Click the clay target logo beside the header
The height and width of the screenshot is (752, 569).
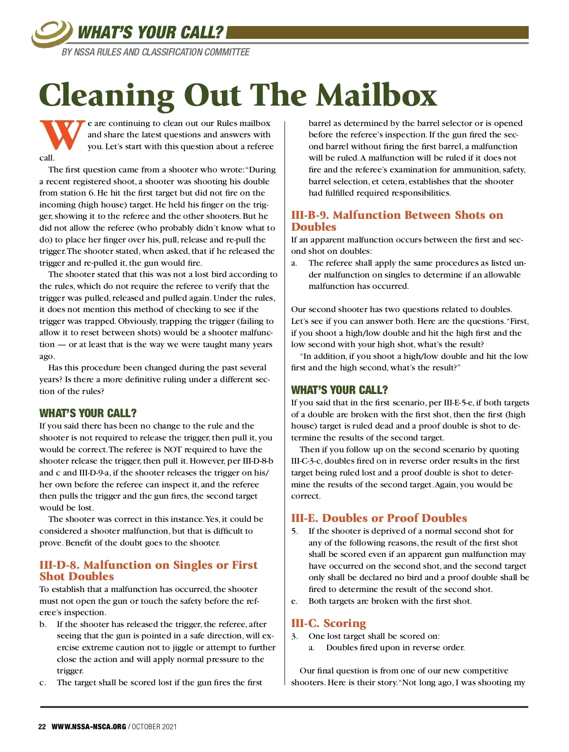pyautogui.click(x=51, y=34)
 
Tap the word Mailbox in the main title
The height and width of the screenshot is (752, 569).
pyautogui.click(x=376, y=95)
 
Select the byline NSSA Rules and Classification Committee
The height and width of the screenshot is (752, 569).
pyautogui.click(x=156, y=52)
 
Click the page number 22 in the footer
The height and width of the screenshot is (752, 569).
pyautogui.click(x=42, y=727)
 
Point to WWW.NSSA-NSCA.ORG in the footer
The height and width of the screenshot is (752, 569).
pyautogui.click(x=89, y=727)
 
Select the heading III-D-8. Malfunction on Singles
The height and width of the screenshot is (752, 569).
pyautogui.click(x=148, y=571)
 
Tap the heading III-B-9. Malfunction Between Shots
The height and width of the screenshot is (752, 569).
pyautogui.click(x=397, y=221)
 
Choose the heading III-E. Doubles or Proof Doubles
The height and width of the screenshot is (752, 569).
pyautogui.click(x=379, y=518)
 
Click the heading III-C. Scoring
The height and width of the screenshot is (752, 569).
pyautogui.click(x=329, y=623)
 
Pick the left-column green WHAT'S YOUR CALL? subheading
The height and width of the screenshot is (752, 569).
pyautogui.click(x=88, y=413)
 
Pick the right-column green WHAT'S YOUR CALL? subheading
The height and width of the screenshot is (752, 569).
pyautogui.click(x=340, y=390)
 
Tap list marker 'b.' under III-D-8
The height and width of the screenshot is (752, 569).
pyautogui.click(x=43, y=624)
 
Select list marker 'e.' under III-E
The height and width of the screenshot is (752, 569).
pyautogui.click(x=294, y=601)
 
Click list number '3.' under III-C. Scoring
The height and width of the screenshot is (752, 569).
pyautogui.click(x=294, y=636)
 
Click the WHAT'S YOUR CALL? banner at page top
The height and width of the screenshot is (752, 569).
pyautogui.click(x=150, y=33)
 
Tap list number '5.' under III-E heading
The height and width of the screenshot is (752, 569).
pyautogui.click(x=294, y=531)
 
